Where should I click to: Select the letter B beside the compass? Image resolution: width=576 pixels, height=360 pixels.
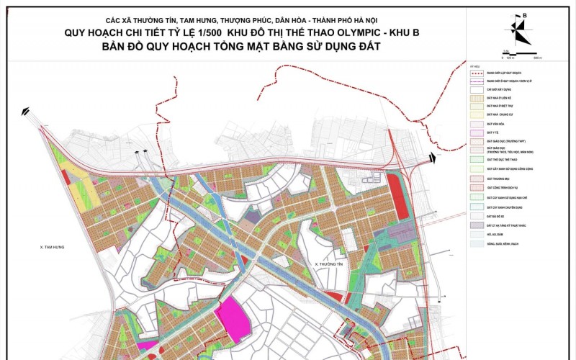click(x=526, y=14)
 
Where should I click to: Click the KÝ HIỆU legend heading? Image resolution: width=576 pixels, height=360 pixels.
click(x=474, y=64)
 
